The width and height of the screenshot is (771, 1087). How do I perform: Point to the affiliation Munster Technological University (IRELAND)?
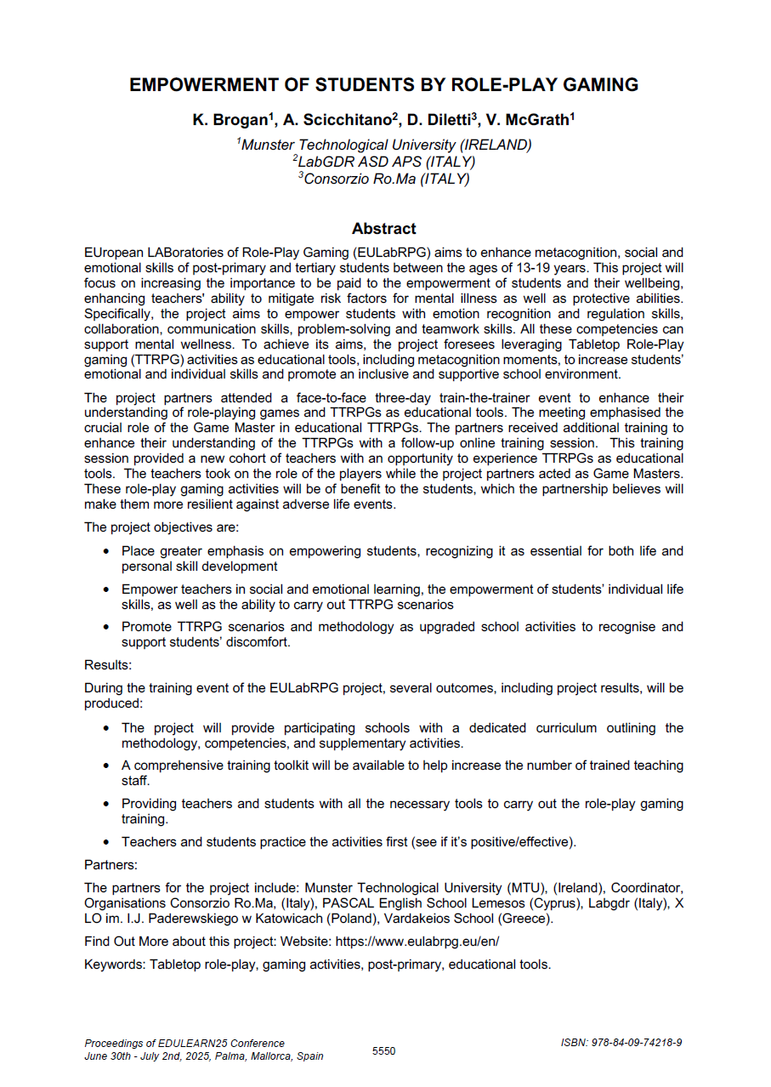(386, 145)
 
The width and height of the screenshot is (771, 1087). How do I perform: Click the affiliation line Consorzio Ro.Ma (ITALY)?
(386, 179)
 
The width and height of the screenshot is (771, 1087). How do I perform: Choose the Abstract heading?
(384, 229)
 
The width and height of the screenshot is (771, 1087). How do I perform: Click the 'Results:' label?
(108, 665)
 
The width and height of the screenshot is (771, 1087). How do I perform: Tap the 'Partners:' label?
(111, 865)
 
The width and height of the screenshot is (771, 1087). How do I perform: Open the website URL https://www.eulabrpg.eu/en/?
(417, 942)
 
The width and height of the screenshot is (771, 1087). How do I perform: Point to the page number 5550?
(384, 1051)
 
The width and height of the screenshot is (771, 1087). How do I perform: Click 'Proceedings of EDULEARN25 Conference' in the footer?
(184, 1044)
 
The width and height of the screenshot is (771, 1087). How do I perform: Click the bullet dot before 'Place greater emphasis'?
(105, 552)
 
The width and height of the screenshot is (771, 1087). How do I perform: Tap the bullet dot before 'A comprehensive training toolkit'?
(105, 765)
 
